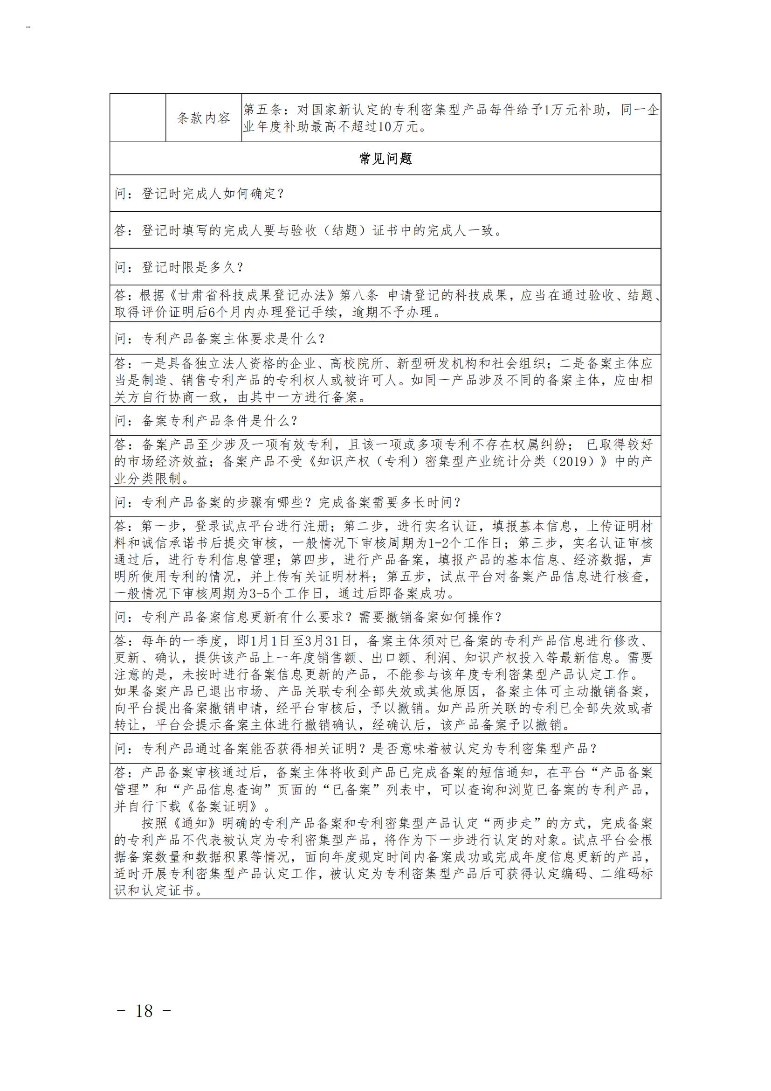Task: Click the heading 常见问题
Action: (x=385, y=159)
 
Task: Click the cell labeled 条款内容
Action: (x=204, y=118)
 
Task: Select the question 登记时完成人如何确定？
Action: (x=200, y=194)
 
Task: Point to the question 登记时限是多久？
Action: (x=179, y=268)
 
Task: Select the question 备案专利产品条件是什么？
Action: (x=207, y=421)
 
